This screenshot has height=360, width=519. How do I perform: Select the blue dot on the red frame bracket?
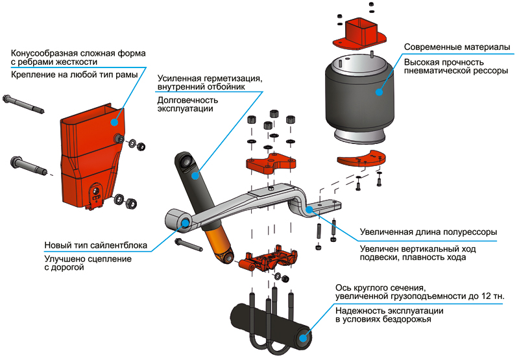tap(114, 121)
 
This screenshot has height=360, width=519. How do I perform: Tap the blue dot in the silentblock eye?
tap(185, 222)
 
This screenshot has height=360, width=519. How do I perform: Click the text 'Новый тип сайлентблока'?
tap(95, 246)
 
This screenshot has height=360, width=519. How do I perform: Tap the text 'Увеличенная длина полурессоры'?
tap(428, 232)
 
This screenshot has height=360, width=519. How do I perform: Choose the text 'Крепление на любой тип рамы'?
tap(75, 76)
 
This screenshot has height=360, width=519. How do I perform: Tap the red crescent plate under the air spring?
tap(360, 158)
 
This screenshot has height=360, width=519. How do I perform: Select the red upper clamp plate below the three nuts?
tap(272, 163)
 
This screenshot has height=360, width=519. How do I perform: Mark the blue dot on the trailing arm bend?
tap(310, 209)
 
